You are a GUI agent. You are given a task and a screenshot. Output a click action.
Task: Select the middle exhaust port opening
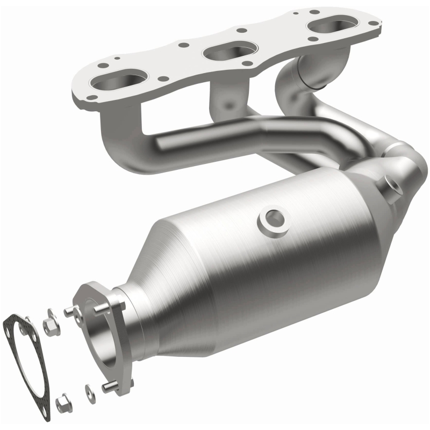click(225, 51)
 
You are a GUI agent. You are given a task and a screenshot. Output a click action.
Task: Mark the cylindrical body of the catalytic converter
click(253, 269)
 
